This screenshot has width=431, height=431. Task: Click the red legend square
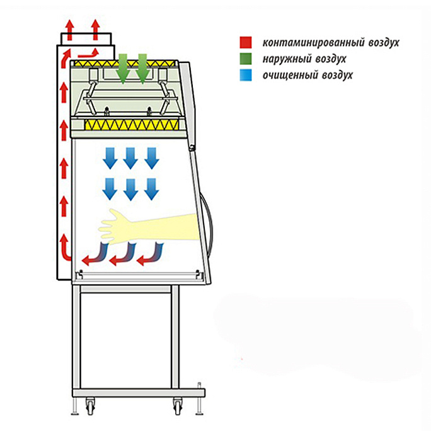click(x=246, y=43)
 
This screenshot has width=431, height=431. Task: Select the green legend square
click(x=246, y=59)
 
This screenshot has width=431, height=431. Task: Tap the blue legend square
click(x=246, y=75)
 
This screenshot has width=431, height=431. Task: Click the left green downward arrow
click(x=124, y=68)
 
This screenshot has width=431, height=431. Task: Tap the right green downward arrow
click(x=143, y=68)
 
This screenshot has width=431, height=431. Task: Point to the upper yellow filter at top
click(x=126, y=64)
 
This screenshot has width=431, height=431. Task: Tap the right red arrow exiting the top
click(x=95, y=28)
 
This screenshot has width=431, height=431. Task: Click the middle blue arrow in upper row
click(x=130, y=158)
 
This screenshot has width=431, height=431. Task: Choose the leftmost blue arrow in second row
click(x=110, y=188)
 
